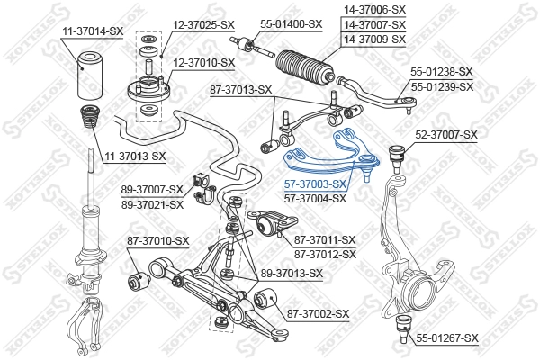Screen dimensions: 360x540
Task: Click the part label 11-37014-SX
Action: pos(93,31)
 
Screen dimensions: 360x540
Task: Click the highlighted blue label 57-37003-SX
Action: pos(315,184)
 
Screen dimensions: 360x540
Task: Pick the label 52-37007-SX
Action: pos(445,134)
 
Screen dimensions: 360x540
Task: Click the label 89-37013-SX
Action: pos(292,273)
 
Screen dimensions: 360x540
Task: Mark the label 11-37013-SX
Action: pos(133,156)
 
